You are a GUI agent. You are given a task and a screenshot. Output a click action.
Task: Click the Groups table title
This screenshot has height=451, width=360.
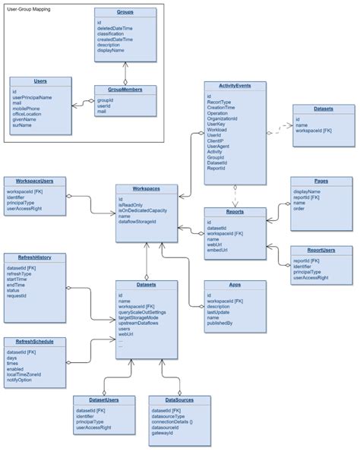[125, 13]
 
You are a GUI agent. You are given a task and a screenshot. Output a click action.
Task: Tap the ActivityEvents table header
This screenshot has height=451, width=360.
[235, 87]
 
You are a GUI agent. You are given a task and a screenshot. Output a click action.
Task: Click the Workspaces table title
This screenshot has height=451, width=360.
[147, 188]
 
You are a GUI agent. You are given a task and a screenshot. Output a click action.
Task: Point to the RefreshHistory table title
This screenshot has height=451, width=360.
[33, 257]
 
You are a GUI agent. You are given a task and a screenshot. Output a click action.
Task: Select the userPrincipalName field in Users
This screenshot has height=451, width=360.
[32, 97]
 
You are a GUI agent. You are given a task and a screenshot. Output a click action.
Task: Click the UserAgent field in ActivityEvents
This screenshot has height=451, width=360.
[219, 146]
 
